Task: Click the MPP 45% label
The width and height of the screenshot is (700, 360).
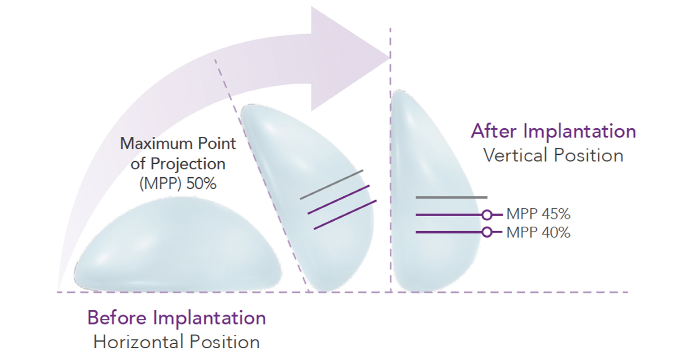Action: pyautogui.click(x=538, y=214)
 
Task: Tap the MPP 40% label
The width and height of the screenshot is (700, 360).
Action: pyautogui.click(x=538, y=233)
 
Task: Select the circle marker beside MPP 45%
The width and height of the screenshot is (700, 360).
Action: pyautogui.click(x=487, y=215)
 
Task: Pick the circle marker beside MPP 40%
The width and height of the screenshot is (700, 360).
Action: pyautogui.click(x=487, y=232)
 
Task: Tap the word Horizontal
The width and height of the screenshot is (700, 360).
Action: pyautogui.click(x=139, y=342)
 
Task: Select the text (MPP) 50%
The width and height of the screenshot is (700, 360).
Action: pyautogui.click(x=178, y=183)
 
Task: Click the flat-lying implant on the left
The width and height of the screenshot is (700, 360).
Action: pyautogui.click(x=178, y=244)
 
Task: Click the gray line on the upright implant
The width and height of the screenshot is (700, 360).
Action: pyautogui.click(x=451, y=197)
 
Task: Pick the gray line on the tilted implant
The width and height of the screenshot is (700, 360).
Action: pyautogui.click(x=331, y=185)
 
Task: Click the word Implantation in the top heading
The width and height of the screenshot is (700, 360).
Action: pyautogui.click(x=580, y=132)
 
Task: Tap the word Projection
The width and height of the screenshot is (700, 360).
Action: pyautogui.click(x=188, y=164)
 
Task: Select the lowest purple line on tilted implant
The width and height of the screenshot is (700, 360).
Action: pyautogui.click(x=345, y=215)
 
